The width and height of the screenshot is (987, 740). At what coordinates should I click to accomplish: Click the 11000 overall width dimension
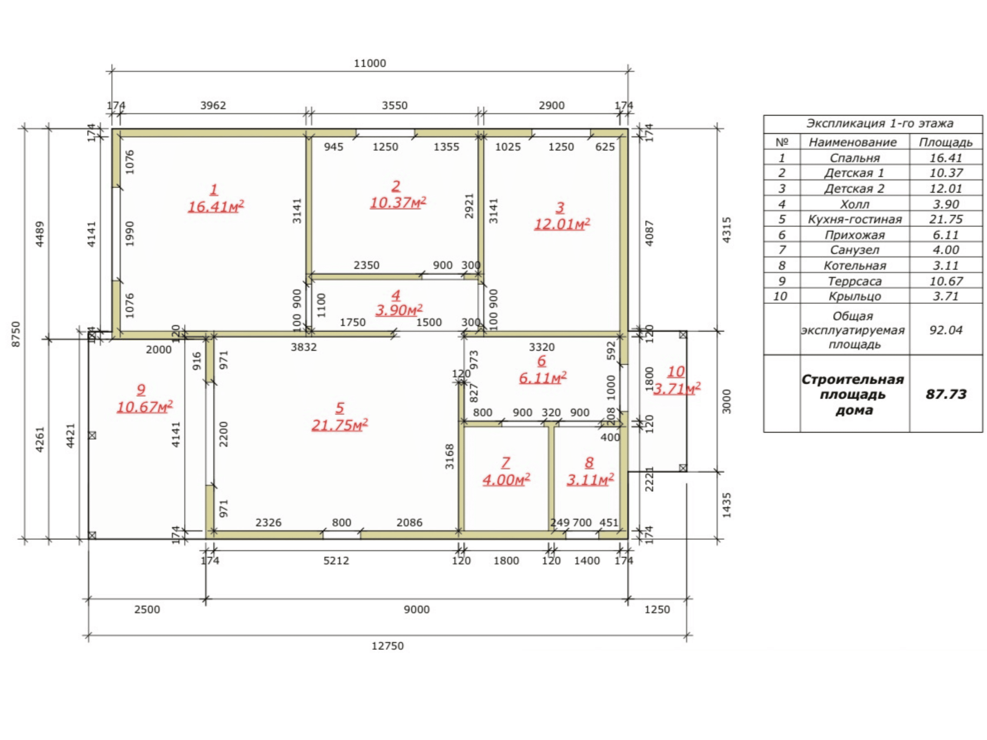pos(370,63)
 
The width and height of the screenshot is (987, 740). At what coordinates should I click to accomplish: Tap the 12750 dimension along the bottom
pos(388,646)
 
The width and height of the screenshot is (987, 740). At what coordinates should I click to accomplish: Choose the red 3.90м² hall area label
pos(399,310)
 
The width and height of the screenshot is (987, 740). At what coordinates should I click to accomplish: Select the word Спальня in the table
pos(855,158)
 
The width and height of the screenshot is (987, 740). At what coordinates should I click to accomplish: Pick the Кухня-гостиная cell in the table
pos(855,219)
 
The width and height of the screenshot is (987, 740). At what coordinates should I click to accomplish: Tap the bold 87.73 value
pos(946,394)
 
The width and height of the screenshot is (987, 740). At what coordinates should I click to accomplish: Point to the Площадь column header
pos(946,142)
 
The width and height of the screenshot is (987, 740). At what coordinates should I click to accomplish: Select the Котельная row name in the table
pos(855,266)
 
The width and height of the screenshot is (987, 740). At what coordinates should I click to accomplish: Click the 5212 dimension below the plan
pos(336,561)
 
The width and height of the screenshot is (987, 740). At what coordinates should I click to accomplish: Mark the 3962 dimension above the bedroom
pos(213,106)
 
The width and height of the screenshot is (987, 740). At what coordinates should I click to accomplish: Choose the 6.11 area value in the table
pos(946,235)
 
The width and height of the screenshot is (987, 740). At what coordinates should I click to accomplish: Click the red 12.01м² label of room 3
pos(562,224)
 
